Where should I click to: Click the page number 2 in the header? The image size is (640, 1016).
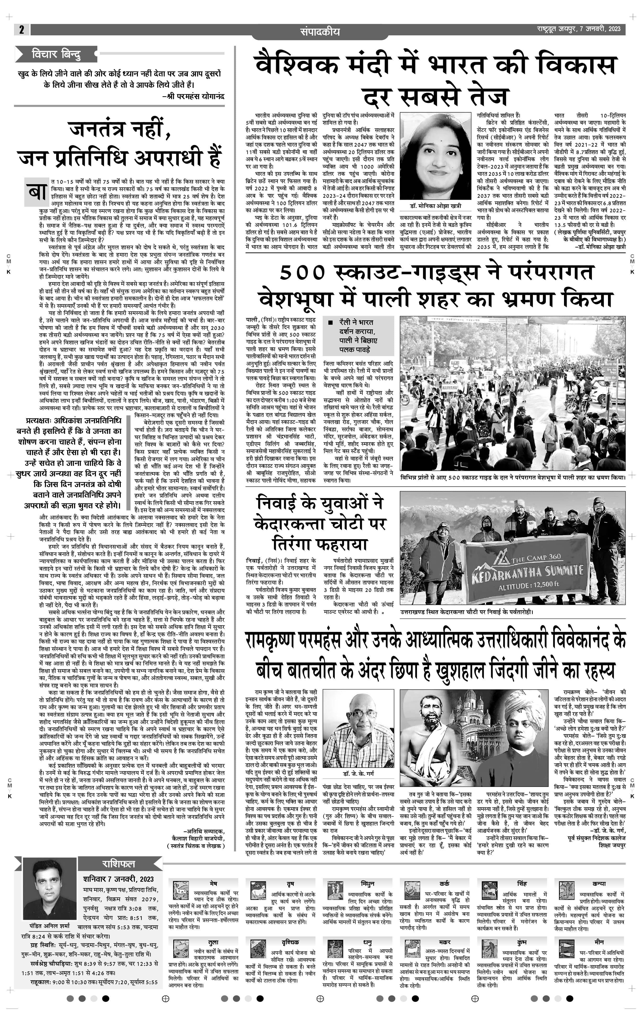point(21,30)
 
